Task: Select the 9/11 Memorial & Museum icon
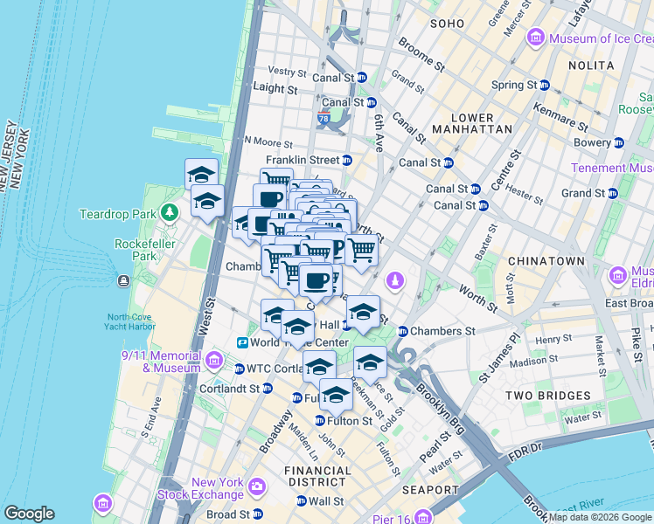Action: [x=214, y=360]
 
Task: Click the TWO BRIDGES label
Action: [x=548, y=396]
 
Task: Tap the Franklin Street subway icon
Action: [x=347, y=160]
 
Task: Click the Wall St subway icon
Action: [x=302, y=501]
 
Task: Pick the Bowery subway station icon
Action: [x=619, y=142]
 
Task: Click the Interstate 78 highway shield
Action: [x=324, y=118]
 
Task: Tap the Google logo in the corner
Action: [x=29, y=514]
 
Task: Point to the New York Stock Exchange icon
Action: [x=257, y=486]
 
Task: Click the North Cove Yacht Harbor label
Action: [x=129, y=323]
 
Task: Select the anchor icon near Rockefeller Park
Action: [x=123, y=281]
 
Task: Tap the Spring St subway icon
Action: [x=544, y=85]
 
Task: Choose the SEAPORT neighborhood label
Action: [x=429, y=490]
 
